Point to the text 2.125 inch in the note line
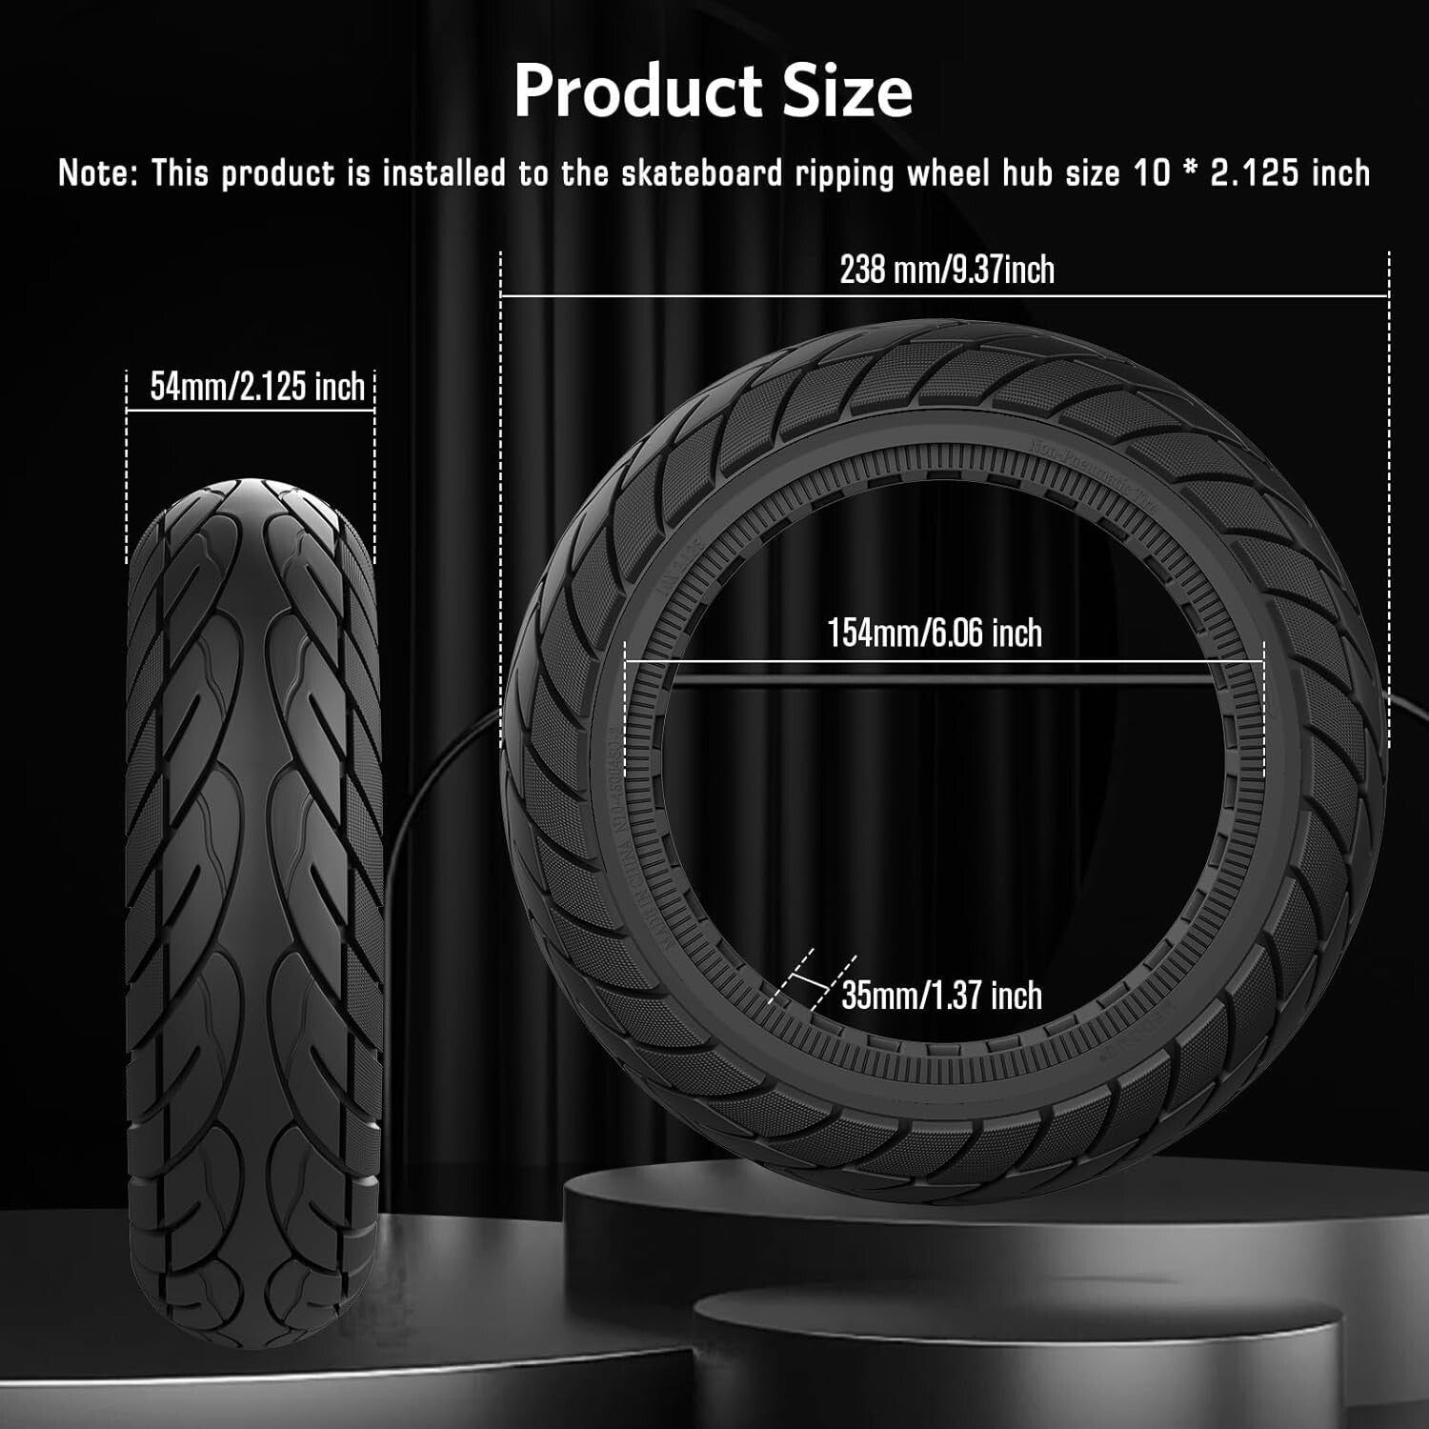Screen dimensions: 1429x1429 (1290, 173)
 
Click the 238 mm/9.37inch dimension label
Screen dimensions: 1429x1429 (947, 270)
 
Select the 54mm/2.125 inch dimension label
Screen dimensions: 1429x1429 (257, 386)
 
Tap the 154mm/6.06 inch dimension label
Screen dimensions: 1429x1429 (935, 633)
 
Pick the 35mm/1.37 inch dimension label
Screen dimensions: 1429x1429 (941, 996)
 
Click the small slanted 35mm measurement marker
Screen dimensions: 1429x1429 (810, 981)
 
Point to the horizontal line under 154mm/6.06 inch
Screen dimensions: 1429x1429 (943, 660)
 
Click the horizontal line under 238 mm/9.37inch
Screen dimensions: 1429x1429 (943, 295)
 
